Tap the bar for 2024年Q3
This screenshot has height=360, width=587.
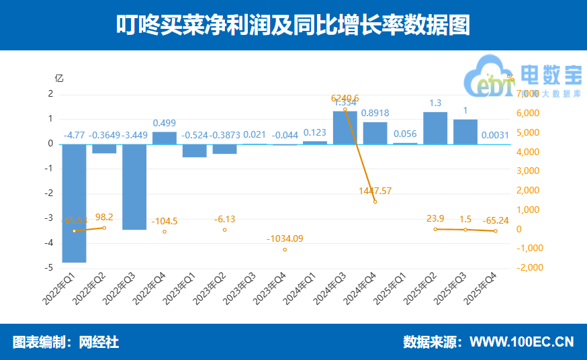[x=345, y=128]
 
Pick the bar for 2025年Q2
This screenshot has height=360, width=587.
[x=435, y=128]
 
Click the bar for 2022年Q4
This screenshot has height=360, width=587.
[x=165, y=138]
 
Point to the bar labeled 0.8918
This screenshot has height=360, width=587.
[x=375, y=133]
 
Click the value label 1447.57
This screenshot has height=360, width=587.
[x=375, y=191]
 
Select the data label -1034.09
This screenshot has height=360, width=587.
[x=285, y=238]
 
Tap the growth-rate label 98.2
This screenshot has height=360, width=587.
[x=104, y=217]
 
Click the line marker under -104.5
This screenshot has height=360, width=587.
[x=165, y=232]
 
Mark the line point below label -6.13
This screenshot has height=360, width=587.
[x=224, y=230]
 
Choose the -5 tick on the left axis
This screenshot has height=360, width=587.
[x=50, y=268]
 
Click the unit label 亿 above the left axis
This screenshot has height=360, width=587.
[x=58, y=77]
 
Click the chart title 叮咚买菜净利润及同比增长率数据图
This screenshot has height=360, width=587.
[x=293, y=26]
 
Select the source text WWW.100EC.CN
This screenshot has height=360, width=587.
[x=521, y=342]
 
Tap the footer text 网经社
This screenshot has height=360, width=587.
[x=99, y=342]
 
